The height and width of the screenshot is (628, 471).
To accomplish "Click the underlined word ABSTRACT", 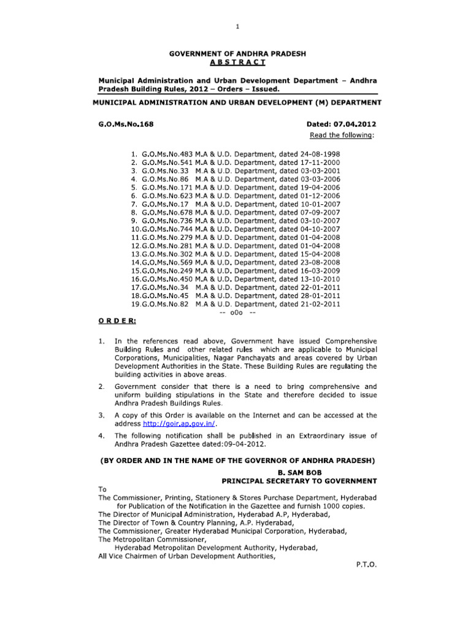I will (x=236, y=63).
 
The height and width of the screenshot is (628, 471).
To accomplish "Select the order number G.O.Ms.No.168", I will (x=126, y=124).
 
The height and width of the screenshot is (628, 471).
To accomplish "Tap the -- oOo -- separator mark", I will (x=237, y=313).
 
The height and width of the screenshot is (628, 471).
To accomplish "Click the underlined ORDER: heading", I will (x=117, y=321).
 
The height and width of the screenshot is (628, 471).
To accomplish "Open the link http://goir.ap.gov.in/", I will (x=180, y=424).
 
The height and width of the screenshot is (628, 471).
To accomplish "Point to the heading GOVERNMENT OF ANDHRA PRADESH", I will (x=236, y=55).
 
